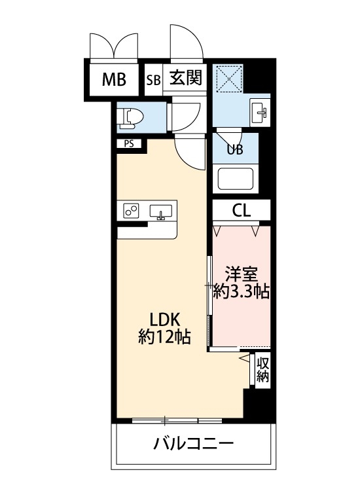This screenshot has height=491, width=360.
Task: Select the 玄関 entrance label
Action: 186,79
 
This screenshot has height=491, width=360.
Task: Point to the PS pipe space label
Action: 128,144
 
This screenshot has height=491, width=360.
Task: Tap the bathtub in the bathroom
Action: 235,179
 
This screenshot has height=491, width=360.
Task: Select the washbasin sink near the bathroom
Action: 260,112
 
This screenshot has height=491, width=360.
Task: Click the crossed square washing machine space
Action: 231,80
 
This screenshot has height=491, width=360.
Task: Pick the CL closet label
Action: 242,211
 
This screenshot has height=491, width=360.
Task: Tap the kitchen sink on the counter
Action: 161,211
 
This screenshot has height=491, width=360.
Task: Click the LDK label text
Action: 165,319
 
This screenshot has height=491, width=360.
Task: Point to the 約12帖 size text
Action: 164,338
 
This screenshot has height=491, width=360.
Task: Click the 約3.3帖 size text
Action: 242,291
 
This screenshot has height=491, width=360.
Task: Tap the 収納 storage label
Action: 262,370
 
